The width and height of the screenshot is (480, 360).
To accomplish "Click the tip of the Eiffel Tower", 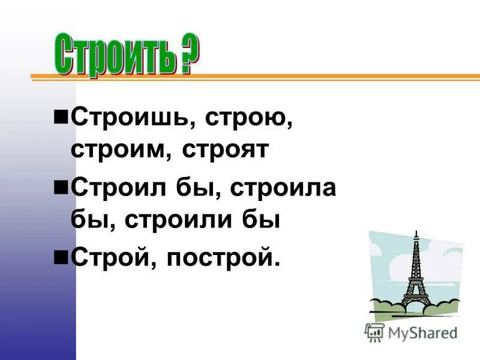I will [x=415, y=232].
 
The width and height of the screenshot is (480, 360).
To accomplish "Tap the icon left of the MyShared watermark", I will [x=374, y=331].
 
